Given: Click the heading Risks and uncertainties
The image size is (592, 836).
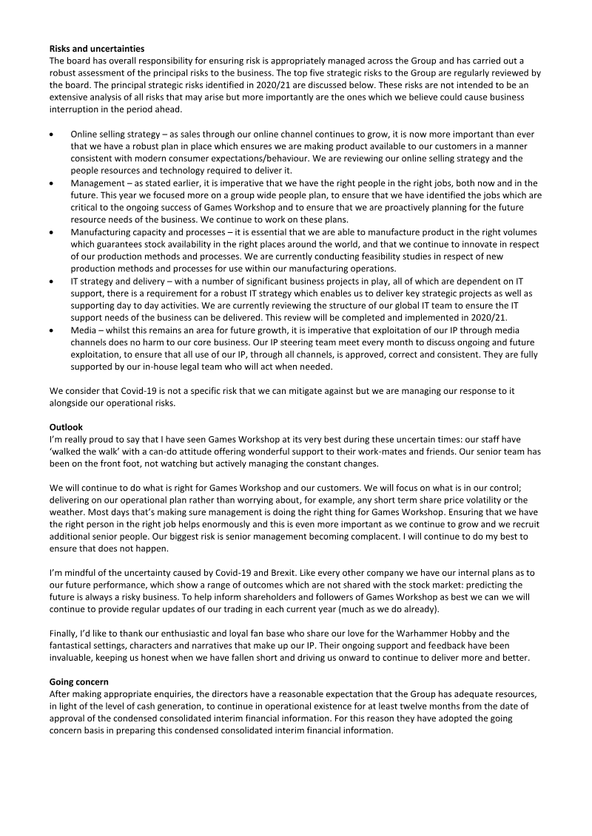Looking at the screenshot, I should point(92,50).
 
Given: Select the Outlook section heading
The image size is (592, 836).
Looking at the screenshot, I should point(66,427).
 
